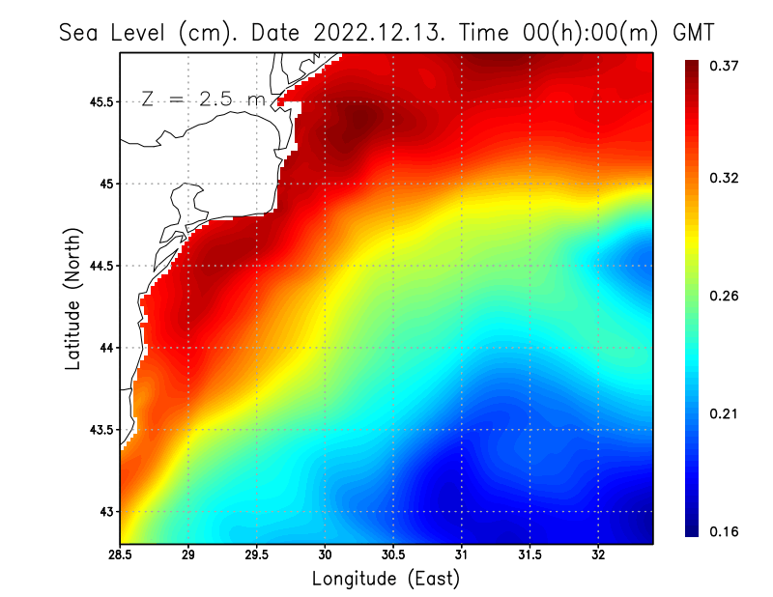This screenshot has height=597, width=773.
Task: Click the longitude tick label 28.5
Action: click(x=120, y=555)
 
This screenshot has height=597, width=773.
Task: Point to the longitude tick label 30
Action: click(x=325, y=555)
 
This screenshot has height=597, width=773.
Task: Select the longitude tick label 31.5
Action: click(x=530, y=555)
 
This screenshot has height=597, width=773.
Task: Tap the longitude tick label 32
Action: click(x=598, y=555)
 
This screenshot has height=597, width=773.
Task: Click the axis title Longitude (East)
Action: click(x=386, y=579)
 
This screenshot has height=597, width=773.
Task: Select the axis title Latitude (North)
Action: click(x=73, y=298)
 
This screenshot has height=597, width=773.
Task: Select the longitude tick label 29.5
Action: click(x=256, y=555)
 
